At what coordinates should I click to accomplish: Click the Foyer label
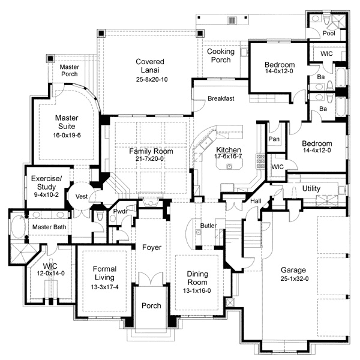pos(151,247)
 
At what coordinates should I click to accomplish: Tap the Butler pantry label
pos(208,226)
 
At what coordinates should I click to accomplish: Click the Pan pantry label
pos(275,139)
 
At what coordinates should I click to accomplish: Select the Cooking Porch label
pos(221,56)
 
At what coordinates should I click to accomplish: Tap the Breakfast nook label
pos(221,98)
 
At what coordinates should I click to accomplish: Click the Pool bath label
pos(329,34)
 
